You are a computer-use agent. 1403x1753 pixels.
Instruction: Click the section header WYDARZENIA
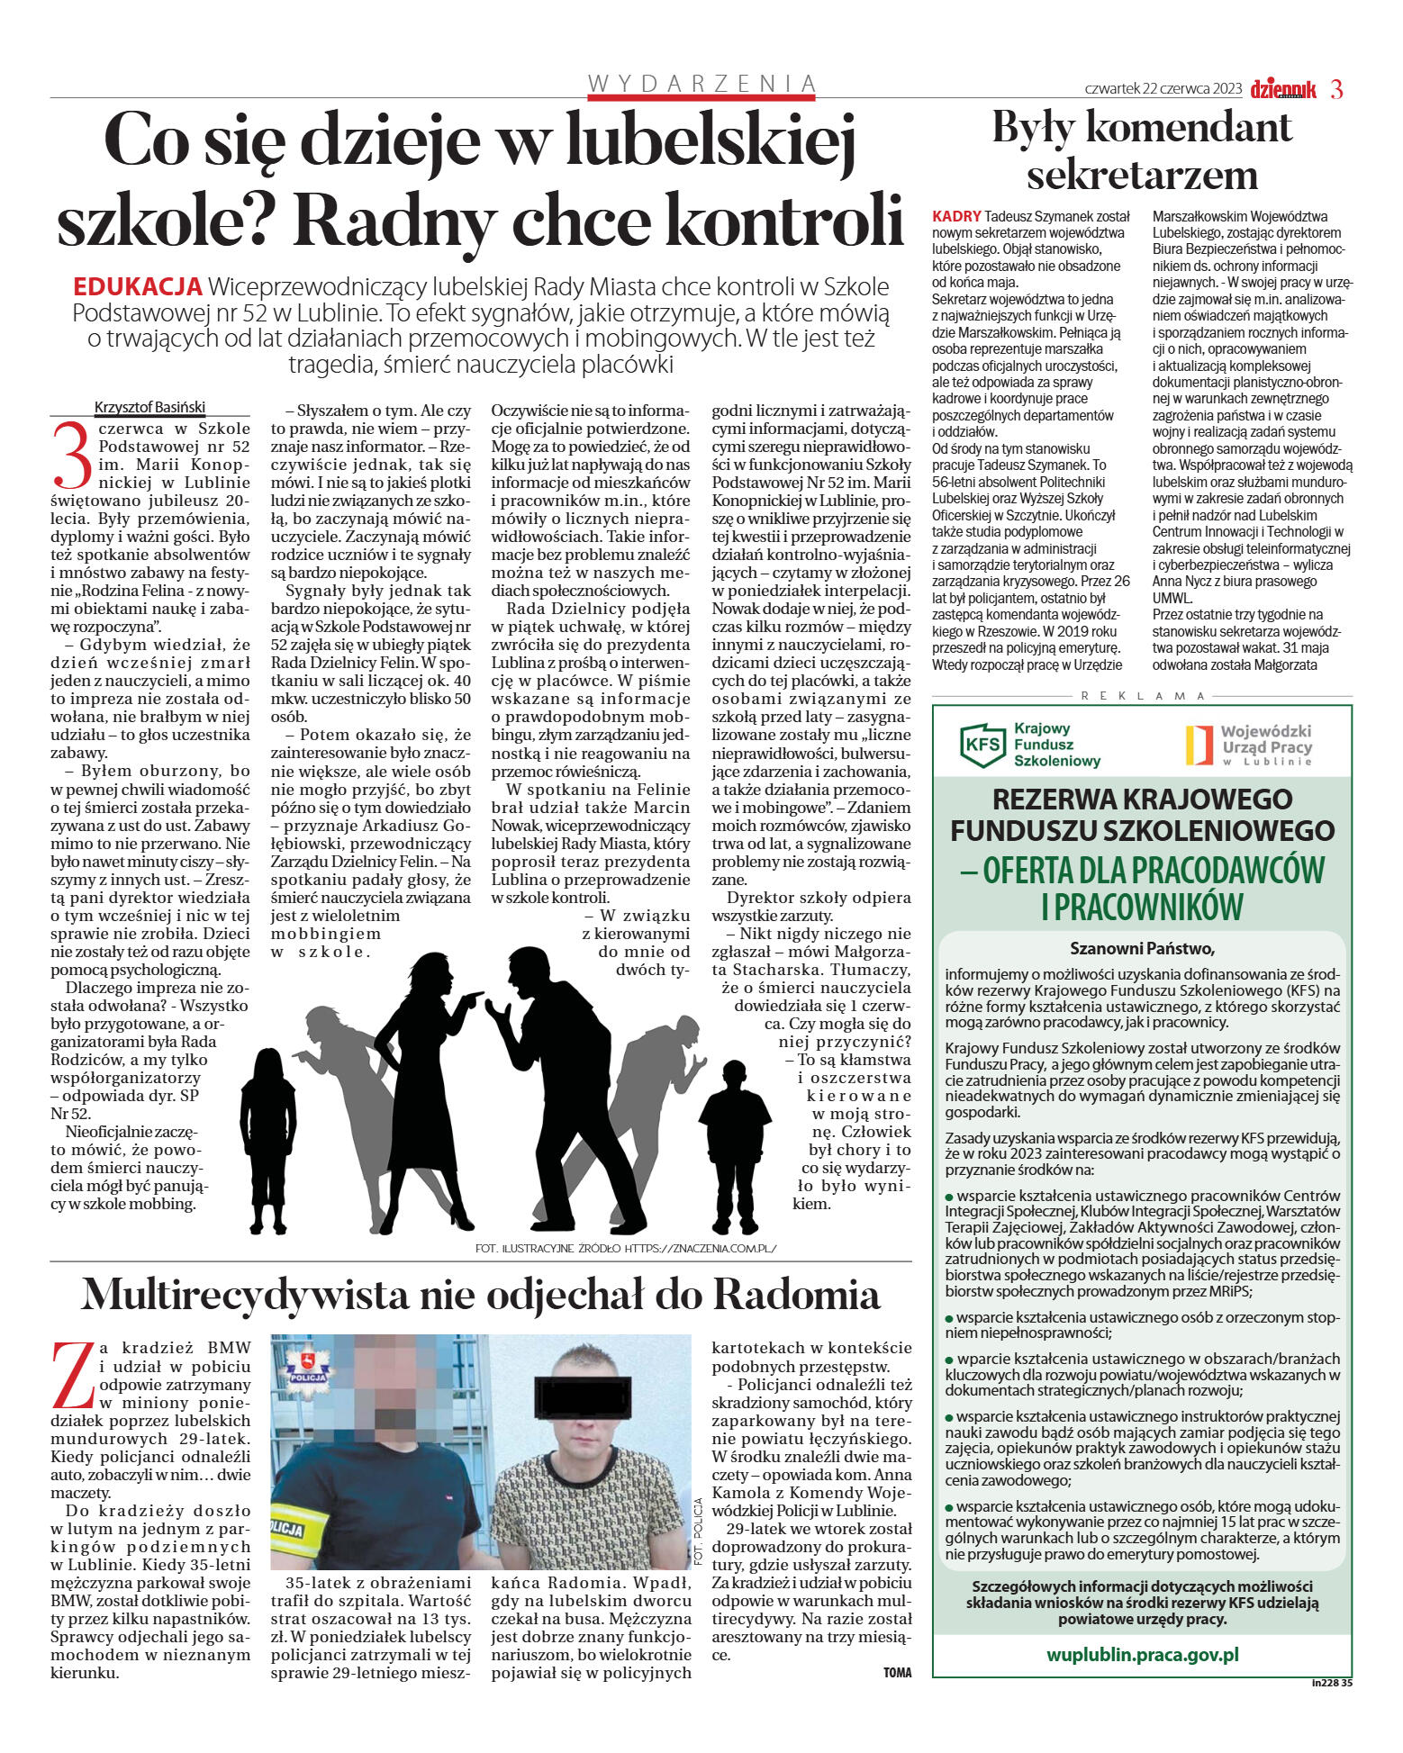point(701,84)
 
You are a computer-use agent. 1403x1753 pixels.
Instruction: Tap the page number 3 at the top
point(1336,89)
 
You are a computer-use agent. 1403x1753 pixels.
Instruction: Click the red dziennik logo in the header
point(1283,89)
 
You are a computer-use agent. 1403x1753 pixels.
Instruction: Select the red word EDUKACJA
point(137,287)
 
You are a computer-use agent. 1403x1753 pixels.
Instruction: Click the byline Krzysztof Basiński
point(150,406)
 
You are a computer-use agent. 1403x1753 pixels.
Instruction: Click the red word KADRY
point(956,217)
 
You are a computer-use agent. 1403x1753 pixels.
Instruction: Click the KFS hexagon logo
point(982,745)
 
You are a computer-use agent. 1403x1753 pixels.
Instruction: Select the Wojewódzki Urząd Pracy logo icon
point(1198,745)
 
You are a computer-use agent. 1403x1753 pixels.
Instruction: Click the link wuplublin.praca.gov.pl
point(1142,1654)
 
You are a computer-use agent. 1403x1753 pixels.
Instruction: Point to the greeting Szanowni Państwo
point(1142,948)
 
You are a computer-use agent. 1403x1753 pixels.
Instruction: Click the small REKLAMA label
point(1142,696)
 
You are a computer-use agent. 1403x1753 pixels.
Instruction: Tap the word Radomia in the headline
point(796,1296)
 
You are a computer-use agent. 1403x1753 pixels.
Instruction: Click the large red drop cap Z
point(74,1375)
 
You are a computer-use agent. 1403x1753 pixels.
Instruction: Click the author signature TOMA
point(897,1672)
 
